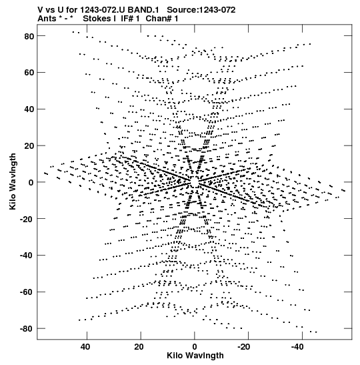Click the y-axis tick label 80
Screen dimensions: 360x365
(x=29, y=36)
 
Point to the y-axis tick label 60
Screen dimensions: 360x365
(x=29, y=73)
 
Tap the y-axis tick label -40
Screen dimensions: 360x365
(x=27, y=256)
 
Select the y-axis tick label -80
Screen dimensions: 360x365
(x=27, y=328)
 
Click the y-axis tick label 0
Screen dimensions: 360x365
(x=31, y=182)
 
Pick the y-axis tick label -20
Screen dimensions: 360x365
(x=27, y=219)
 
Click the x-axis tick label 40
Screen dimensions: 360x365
(x=85, y=347)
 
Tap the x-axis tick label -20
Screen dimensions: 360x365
(x=244, y=347)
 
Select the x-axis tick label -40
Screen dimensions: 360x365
(x=298, y=347)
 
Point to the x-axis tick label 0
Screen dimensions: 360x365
(x=194, y=347)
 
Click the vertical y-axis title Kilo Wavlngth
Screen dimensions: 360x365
(x=13, y=181)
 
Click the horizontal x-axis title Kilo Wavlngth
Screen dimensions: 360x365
(x=195, y=356)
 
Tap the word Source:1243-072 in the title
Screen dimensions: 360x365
(x=201, y=10)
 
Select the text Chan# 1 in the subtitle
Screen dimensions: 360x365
(x=162, y=19)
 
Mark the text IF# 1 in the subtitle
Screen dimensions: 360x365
(x=130, y=19)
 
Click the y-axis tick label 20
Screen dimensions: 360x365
(x=29, y=145)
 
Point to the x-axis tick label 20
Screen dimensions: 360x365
(x=139, y=347)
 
